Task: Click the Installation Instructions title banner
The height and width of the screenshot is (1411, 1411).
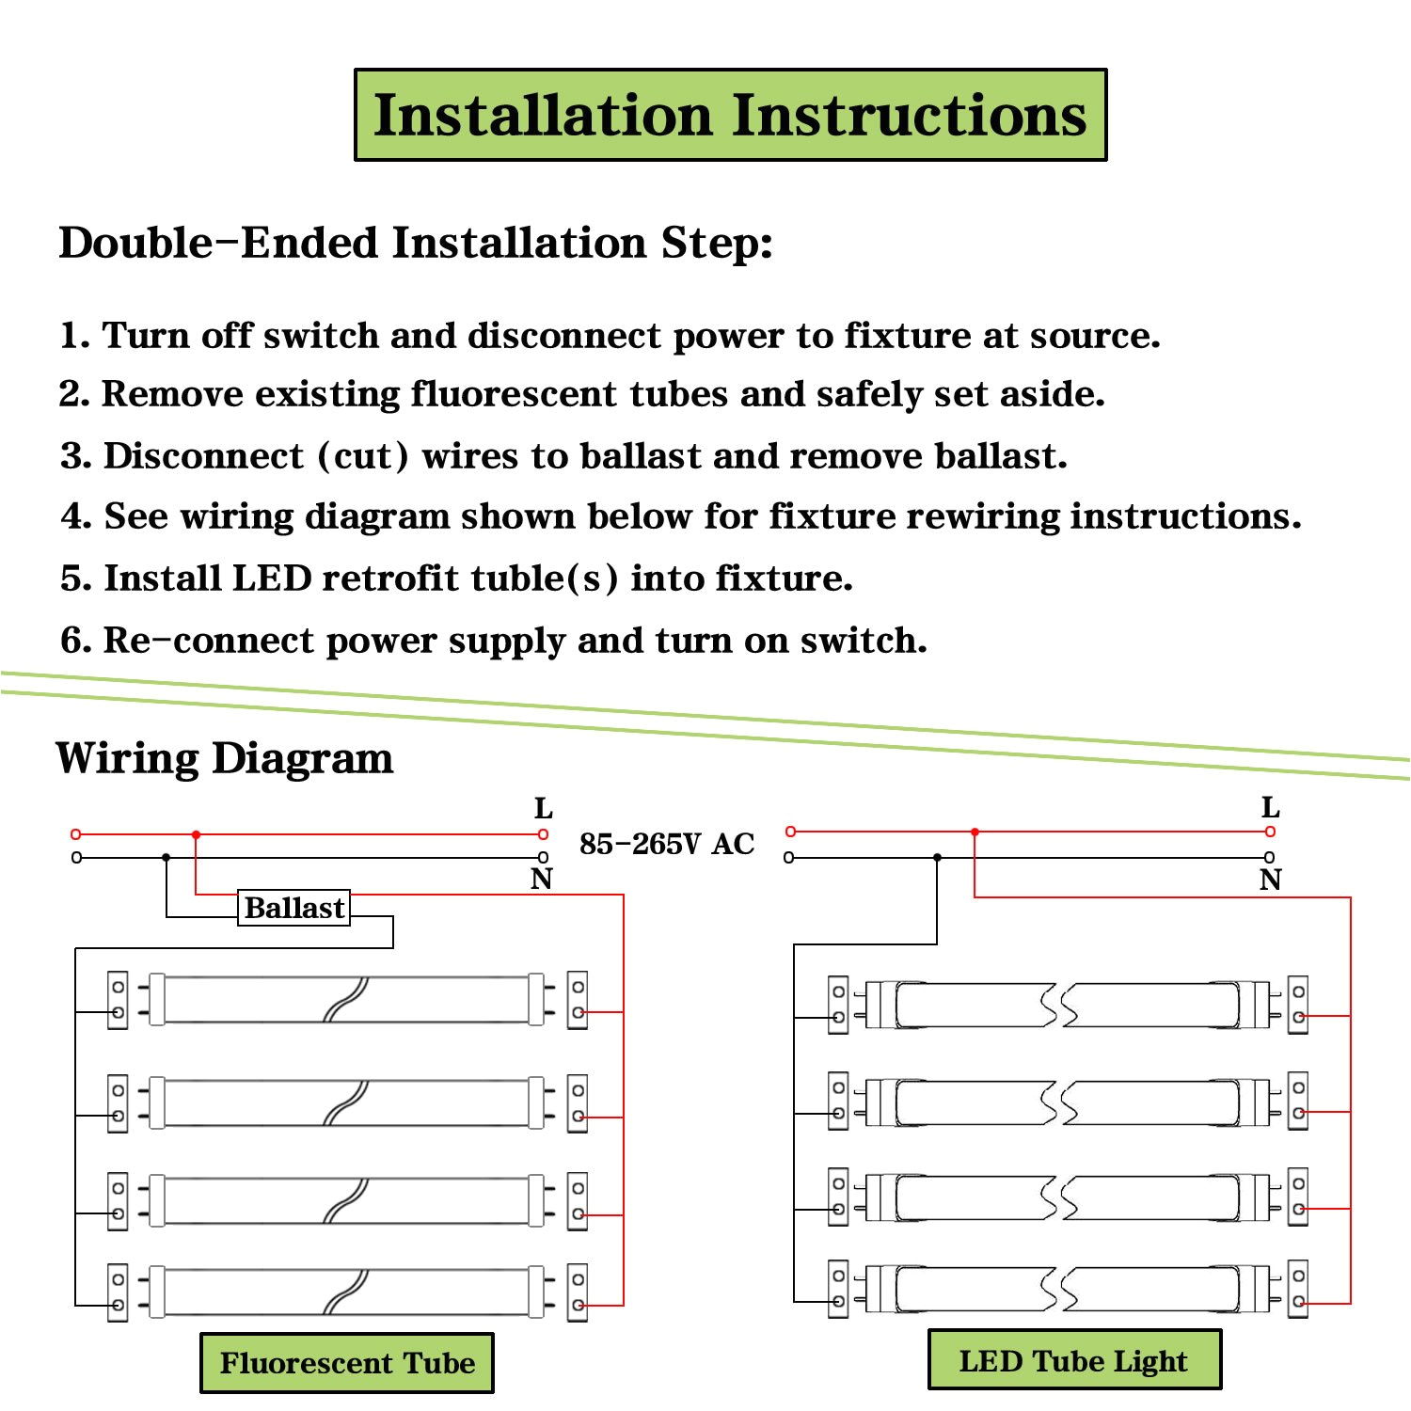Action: click(x=730, y=115)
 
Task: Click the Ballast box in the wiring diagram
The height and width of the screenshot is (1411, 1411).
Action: click(x=293, y=908)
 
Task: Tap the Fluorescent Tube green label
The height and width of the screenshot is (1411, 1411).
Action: click(x=347, y=1362)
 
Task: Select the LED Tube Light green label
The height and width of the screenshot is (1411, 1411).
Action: click(x=1074, y=1360)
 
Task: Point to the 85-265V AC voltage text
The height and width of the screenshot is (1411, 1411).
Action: click(x=666, y=844)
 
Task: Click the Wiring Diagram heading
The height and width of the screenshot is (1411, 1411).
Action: click(x=225, y=758)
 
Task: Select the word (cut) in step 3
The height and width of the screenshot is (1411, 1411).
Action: click(x=363, y=456)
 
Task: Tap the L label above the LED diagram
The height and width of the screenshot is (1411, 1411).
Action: click(x=1270, y=808)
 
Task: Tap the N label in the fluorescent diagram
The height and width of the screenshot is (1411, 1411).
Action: click(x=541, y=880)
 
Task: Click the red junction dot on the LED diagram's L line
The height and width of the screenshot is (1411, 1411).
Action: click(x=975, y=832)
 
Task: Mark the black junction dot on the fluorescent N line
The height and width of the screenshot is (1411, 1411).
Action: click(x=166, y=858)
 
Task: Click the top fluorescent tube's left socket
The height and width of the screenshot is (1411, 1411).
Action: click(x=118, y=1000)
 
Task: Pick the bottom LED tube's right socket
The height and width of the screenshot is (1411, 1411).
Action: click(x=1298, y=1289)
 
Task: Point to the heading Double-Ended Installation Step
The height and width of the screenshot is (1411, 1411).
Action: click(x=415, y=243)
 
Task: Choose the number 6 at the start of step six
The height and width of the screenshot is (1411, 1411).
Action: click(x=71, y=641)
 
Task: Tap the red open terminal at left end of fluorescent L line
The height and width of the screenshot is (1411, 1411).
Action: click(x=76, y=834)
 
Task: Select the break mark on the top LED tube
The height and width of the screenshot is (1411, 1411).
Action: click(x=1058, y=1006)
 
